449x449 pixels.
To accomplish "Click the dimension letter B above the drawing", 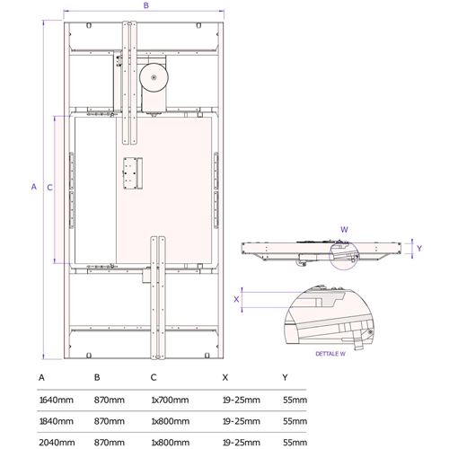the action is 146,5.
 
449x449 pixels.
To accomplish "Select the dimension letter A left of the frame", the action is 34,187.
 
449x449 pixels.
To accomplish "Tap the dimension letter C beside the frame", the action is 50,188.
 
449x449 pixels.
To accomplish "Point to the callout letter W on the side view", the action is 344,230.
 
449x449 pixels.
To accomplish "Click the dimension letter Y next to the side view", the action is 419,248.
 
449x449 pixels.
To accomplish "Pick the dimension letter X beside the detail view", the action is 236,299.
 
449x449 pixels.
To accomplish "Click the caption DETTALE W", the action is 330,354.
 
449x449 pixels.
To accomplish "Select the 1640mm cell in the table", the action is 57,400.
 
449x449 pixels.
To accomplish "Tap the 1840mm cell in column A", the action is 57,421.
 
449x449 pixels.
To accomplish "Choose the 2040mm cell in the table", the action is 57,443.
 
